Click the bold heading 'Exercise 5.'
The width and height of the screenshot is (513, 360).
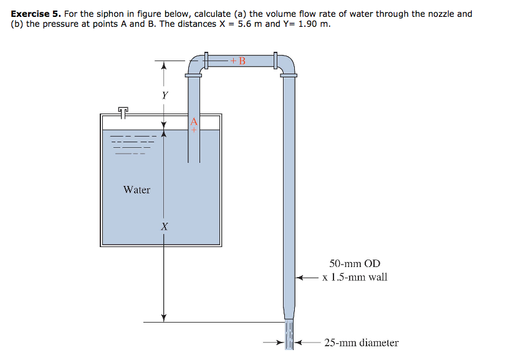click(x=34, y=14)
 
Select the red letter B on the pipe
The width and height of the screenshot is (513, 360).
click(x=242, y=61)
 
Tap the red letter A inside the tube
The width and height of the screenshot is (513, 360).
click(x=194, y=121)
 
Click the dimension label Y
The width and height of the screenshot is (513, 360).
click(x=165, y=95)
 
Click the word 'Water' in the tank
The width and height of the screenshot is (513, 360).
click(x=137, y=190)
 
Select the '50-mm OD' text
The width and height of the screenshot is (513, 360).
click(x=355, y=264)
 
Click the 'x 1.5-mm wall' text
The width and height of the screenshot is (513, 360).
click(x=355, y=277)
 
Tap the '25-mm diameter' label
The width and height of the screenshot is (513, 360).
click(x=361, y=343)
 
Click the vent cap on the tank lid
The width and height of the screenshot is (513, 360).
click(x=123, y=111)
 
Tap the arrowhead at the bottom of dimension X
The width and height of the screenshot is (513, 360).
click(x=164, y=318)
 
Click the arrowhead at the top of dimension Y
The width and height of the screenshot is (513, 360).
click(x=164, y=65)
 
